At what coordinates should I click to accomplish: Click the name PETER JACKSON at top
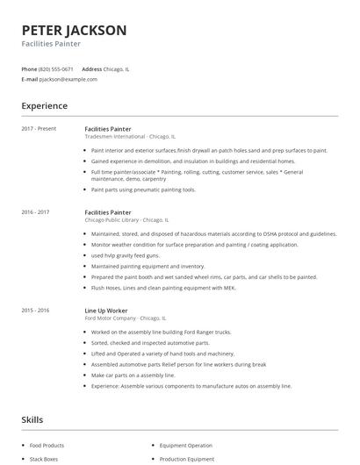click(x=74, y=30)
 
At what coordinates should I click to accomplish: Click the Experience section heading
click(x=44, y=106)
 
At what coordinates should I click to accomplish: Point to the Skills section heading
click(x=32, y=420)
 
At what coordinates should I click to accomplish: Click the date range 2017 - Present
click(x=39, y=129)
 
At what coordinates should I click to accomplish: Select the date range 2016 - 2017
click(x=35, y=212)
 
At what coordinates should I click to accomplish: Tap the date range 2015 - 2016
click(x=35, y=310)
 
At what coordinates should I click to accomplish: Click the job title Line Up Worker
click(x=106, y=310)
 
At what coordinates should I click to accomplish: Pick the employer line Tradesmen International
click(x=130, y=137)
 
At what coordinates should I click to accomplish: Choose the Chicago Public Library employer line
click(x=126, y=220)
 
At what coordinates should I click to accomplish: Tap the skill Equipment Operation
click(x=186, y=447)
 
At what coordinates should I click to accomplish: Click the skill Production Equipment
click(x=186, y=459)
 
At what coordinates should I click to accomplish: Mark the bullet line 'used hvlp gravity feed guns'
click(x=126, y=255)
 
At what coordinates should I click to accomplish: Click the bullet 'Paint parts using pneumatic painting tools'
click(x=143, y=189)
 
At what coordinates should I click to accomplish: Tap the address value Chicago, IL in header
click(x=117, y=68)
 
